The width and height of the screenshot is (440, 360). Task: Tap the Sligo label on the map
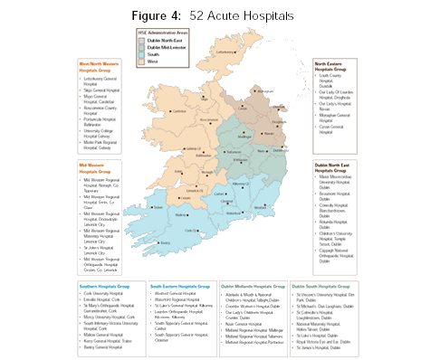click(205, 99)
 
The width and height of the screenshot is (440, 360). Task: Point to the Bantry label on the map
click(164, 242)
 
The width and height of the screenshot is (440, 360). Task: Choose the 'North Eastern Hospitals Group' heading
click(334, 67)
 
